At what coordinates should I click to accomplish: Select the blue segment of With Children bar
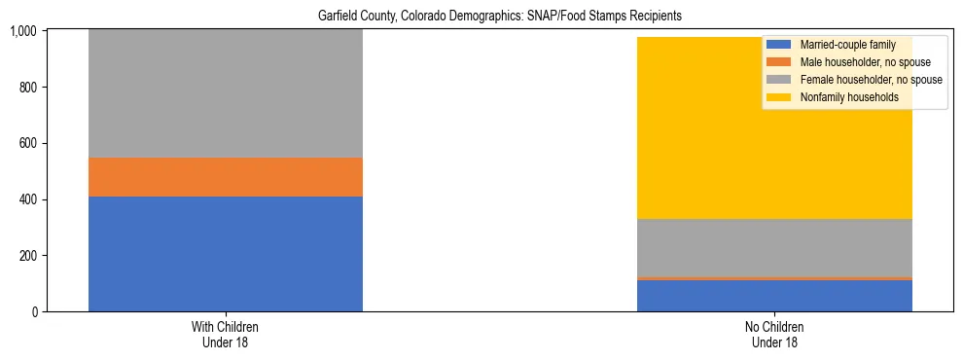(x=225, y=254)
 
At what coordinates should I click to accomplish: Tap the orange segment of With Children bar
(x=225, y=177)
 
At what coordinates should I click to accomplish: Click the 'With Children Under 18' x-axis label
(x=225, y=334)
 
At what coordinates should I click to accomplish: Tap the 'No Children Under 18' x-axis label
(x=774, y=334)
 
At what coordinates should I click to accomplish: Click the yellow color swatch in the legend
(x=779, y=97)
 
